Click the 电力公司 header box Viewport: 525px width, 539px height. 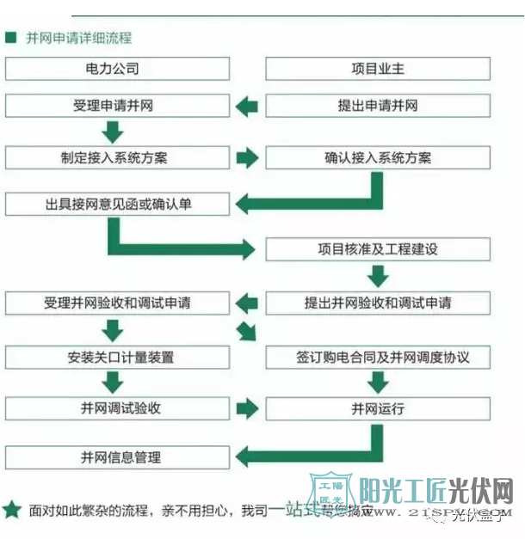pyautogui.click(x=118, y=69)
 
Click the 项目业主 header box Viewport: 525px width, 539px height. pyautogui.click(x=378, y=69)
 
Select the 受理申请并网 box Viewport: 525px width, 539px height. pyautogui.click(x=118, y=107)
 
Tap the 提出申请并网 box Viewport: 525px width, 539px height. pyautogui.click(x=378, y=107)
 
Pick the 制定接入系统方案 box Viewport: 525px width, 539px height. pyautogui.click(x=118, y=158)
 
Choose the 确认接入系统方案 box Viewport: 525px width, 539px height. pyautogui.click(x=378, y=158)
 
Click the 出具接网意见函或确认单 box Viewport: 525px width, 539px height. pyautogui.click(x=118, y=205)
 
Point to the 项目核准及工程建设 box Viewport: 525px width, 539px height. pyautogui.click(x=378, y=249)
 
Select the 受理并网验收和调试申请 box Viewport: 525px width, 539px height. pyautogui.click(x=118, y=303)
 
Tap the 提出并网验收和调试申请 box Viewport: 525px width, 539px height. pyautogui.click(x=378, y=303)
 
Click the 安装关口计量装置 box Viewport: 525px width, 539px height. pyautogui.click(x=118, y=356)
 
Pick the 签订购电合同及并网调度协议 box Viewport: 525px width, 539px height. pyautogui.click(x=378, y=356)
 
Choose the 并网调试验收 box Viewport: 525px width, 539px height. pyautogui.click(x=118, y=408)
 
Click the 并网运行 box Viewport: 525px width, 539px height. pyautogui.click(x=378, y=408)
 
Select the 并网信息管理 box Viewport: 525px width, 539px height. pyautogui.click(x=118, y=456)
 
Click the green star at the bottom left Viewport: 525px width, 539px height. pyautogui.click(x=11, y=510)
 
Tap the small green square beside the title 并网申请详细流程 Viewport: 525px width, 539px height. pyautogui.click(x=10, y=38)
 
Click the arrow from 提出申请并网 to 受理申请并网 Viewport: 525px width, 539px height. pyautogui.click(x=247, y=107)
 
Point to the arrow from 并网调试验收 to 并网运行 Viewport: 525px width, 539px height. pyautogui.click(x=247, y=408)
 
